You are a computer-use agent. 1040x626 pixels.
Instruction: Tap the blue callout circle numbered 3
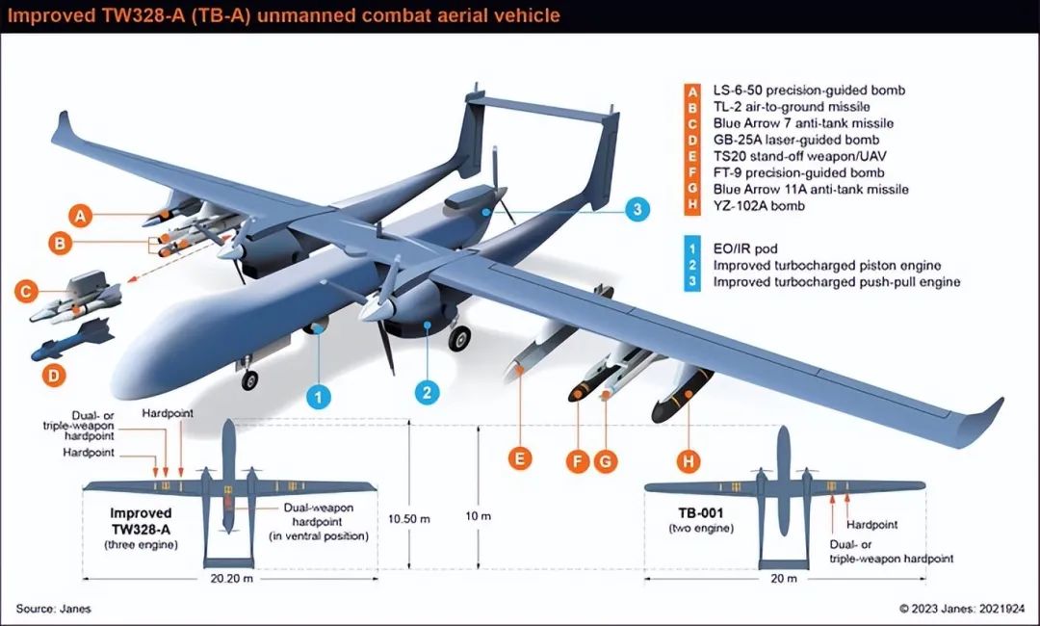(635, 209)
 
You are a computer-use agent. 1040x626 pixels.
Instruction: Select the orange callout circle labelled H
(688, 462)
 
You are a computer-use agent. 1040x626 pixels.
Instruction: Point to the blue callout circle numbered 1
(319, 396)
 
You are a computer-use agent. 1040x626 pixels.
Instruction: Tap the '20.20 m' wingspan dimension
(227, 580)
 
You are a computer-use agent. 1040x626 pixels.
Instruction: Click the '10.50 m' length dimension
(409, 518)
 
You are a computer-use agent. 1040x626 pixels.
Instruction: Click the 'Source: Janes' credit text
(53, 609)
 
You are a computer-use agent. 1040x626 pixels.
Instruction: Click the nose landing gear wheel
(250, 380)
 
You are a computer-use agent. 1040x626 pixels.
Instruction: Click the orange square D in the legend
(691, 140)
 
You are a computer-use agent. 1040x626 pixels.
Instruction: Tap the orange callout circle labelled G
(604, 462)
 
